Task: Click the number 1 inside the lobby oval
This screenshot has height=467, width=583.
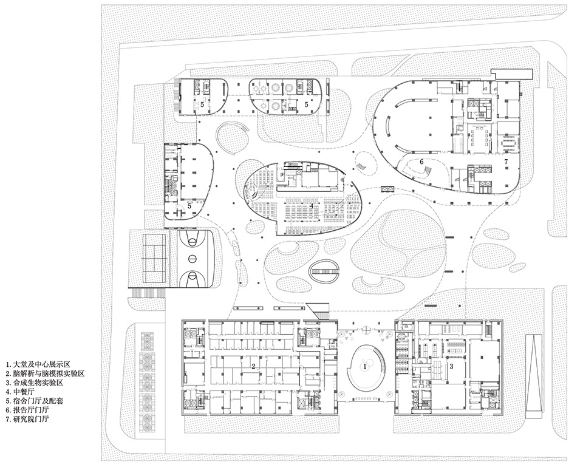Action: pos(365,366)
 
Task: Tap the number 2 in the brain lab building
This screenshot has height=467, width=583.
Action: pos(253,366)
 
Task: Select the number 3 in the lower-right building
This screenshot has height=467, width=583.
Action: pos(451,367)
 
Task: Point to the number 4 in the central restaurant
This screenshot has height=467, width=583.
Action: pos(312,206)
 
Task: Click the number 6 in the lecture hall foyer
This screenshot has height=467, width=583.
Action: pos(421,162)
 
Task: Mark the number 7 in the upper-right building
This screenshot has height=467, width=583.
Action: pos(505,162)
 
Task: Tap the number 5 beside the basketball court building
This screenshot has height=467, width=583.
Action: pos(189,206)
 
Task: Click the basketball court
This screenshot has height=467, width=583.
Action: pos(194,259)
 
